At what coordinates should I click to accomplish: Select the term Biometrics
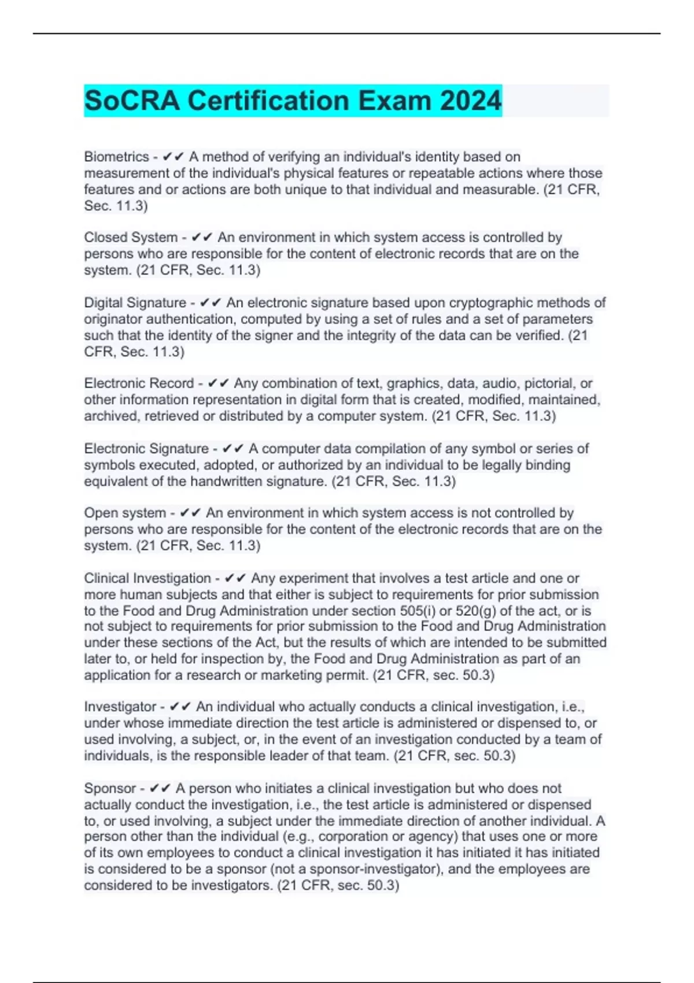(x=116, y=157)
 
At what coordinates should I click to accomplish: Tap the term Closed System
(x=131, y=237)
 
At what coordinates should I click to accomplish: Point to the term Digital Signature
(x=135, y=302)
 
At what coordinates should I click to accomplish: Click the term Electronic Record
(x=139, y=383)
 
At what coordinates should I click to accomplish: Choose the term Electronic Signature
(x=146, y=448)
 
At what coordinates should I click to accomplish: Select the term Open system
(x=125, y=513)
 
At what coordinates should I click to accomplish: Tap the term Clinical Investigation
(x=147, y=578)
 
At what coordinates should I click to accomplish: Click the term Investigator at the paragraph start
(x=120, y=707)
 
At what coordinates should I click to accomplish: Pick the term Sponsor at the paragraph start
(x=110, y=788)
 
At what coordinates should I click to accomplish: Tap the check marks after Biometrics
(x=173, y=157)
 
